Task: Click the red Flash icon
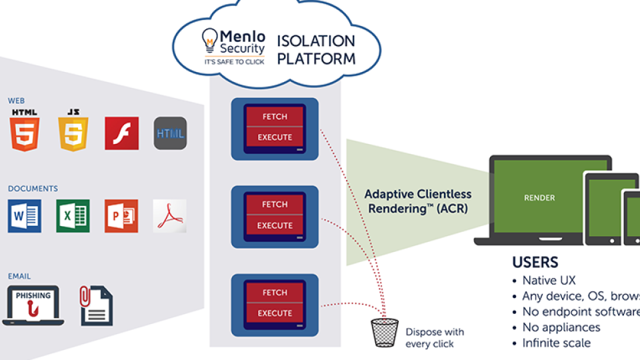[x=121, y=133]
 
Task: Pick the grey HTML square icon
[x=170, y=133]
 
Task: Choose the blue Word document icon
[x=25, y=216]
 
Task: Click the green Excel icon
[x=73, y=216]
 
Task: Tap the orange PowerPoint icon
[x=121, y=216]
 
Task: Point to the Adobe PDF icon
[x=169, y=216]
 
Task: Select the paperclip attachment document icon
[x=96, y=305]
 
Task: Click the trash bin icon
[x=385, y=332]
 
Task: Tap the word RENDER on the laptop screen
[x=539, y=198]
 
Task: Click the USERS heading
[x=535, y=262]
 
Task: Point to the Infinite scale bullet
[x=556, y=343]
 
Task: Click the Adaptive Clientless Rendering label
[x=418, y=201]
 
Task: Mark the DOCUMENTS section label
[x=33, y=189]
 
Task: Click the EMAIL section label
[x=19, y=276]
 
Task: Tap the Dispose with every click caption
[x=435, y=338]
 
